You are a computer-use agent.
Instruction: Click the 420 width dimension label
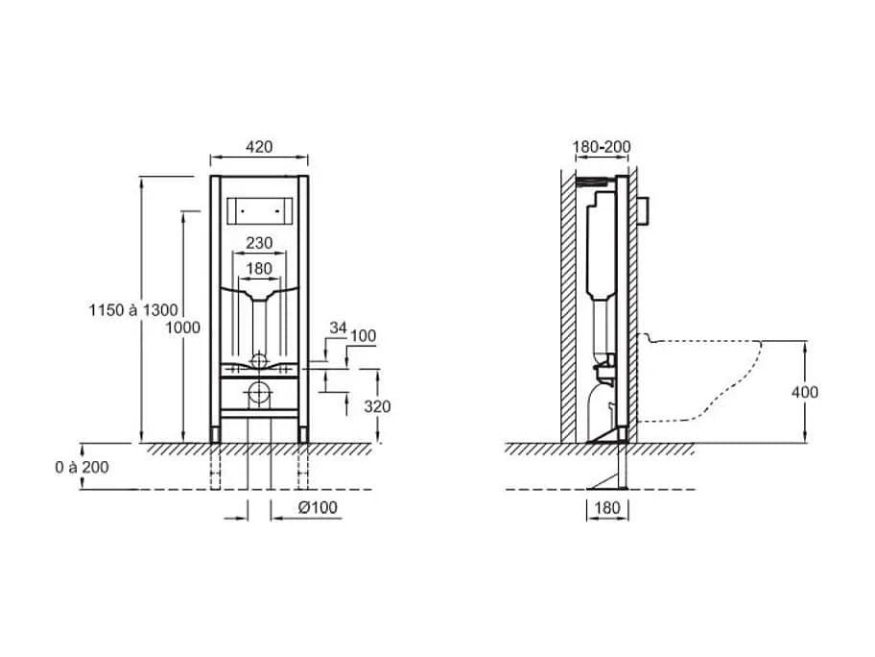259,147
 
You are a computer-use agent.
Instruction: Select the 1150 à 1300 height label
133,310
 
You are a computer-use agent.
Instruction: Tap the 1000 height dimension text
182,328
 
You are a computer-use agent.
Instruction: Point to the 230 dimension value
259,243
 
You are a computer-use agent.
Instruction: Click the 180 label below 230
259,269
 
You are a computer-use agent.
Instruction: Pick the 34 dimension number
338,328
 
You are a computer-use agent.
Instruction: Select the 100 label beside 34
363,336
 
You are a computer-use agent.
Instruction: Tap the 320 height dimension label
377,406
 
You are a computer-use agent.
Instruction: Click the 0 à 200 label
83,467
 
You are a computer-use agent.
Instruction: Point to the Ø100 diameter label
318,507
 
